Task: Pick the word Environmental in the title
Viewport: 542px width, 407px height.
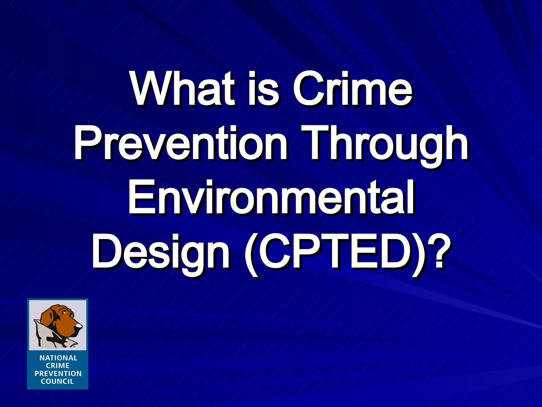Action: click(x=271, y=197)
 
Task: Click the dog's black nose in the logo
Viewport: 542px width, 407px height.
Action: click(x=79, y=325)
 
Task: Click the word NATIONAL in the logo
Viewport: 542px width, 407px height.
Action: click(x=58, y=358)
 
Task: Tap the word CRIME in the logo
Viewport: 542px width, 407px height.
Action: click(x=58, y=366)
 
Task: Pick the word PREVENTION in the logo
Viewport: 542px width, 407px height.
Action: click(x=58, y=374)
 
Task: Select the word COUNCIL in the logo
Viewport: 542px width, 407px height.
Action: click(x=57, y=382)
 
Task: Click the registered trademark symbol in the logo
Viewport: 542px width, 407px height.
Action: click(x=74, y=346)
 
